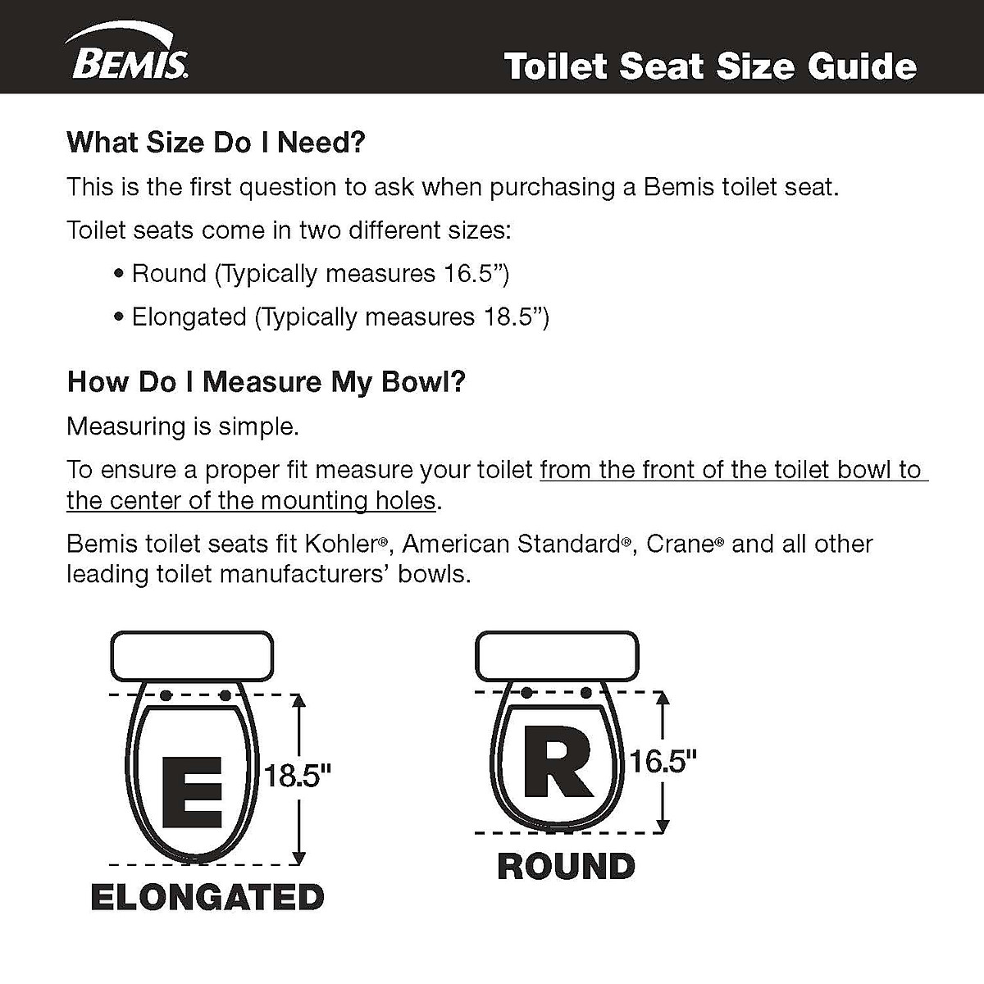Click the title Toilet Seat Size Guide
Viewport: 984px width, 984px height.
click(x=710, y=66)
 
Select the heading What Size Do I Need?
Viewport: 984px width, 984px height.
click(x=216, y=143)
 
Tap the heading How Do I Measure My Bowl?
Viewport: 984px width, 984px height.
click(x=266, y=382)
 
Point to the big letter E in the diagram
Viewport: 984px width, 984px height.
click(x=192, y=792)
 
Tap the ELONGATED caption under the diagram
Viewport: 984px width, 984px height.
click(x=207, y=897)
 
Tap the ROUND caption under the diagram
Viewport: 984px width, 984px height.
click(x=566, y=867)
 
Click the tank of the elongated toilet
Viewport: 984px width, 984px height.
click(x=191, y=656)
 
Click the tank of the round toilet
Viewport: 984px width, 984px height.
click(x=557, y=655)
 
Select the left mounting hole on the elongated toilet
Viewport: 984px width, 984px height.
click(x=166, y=695)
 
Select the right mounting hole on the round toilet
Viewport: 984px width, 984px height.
click(x=586, y=693)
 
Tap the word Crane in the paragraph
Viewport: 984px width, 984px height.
click(x=680, y=544)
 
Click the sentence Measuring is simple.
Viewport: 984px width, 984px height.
click(x=182, y=426)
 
